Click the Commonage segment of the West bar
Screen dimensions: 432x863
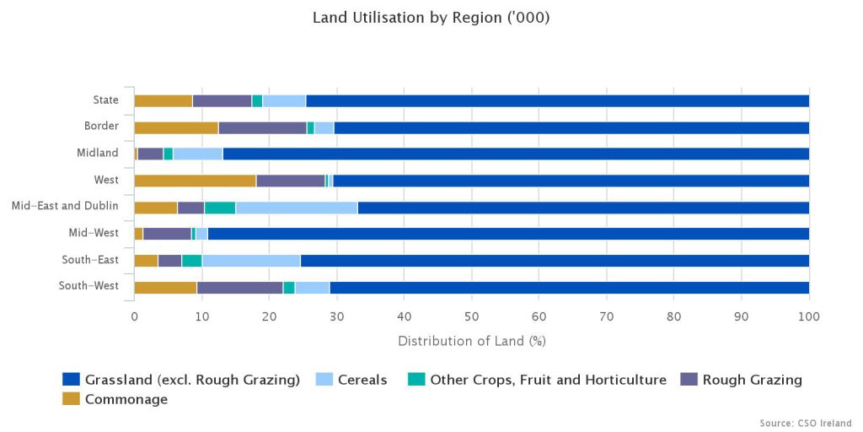(x=195, y=180)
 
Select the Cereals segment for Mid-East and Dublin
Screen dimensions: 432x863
(x=297, y=207)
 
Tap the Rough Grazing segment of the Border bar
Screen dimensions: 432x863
(x=262, y=127)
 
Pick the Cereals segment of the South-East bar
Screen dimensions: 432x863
(x=251, y=260)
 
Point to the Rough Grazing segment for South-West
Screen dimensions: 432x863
(x=239, y=287)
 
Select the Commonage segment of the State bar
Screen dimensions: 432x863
(x=163, y=100)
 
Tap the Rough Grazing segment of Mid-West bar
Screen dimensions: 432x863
(x=167, y=234)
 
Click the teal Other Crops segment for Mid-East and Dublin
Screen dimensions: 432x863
(x=220, y=207)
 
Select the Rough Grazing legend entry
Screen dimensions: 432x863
(x=752, y=380)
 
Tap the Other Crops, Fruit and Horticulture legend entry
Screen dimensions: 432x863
(x=548, y=380)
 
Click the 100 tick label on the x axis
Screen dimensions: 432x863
(x=808, y=316)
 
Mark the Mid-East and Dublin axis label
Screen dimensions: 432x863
(x=65, y=206)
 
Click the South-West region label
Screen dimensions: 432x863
(x=88, y=285)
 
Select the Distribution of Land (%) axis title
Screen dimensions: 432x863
(x=471, y=341)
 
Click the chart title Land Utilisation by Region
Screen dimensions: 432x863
(x=431, y=18)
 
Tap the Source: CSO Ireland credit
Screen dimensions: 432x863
(x=805, y=423)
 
